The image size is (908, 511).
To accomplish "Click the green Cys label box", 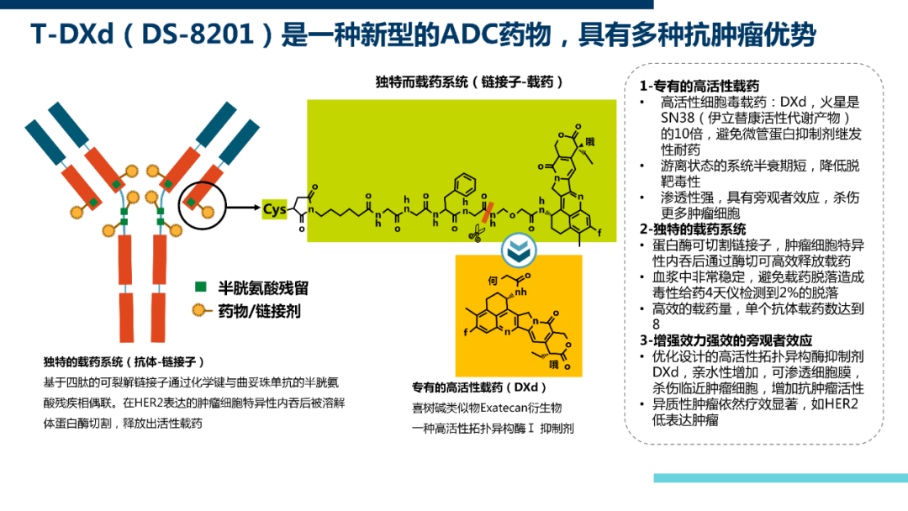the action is click(274, 208).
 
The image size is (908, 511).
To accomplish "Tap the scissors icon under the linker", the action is click(477, 234).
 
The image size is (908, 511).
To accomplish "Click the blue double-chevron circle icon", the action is click(518, 250).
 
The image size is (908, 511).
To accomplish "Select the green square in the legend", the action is click(201, 287).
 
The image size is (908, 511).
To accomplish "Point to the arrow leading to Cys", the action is click(243, 208).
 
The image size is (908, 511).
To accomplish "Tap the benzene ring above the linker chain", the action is click(464, 185).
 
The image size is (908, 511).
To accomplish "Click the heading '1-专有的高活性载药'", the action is click(699, 87).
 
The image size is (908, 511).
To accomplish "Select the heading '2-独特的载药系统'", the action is click(693, 229).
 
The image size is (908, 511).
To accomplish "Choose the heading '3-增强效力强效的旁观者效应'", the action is click(726, 340).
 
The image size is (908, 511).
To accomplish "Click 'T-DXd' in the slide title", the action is click(72, 34).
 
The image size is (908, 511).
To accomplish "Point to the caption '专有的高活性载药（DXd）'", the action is click(479, 387).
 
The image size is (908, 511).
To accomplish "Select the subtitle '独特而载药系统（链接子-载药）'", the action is click(470, 82).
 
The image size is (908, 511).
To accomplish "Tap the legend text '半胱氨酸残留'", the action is click(263, 287).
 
